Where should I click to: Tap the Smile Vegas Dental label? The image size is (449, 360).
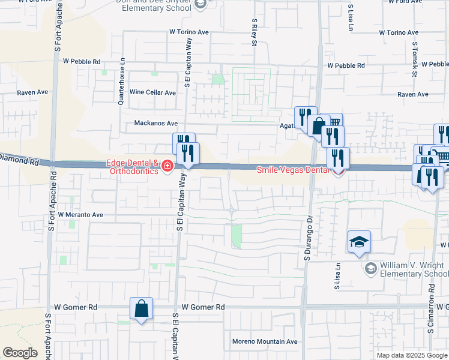coord(293,170)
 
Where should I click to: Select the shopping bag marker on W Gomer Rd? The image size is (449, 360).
coord(141,309)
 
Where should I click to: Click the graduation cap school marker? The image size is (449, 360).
coord(359,242)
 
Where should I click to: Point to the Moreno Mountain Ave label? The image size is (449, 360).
coord(265,341)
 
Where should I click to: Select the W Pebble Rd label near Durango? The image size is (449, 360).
coord(346,65)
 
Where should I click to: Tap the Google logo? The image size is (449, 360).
coord(20,353)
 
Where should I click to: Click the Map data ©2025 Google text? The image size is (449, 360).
coord(412,355)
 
